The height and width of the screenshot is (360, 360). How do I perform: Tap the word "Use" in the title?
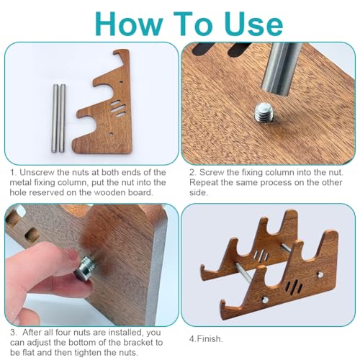click(254, 24)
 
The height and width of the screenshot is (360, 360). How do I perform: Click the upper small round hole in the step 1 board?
click(122, 82)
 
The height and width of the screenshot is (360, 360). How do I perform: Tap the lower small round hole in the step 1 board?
click(111, 134)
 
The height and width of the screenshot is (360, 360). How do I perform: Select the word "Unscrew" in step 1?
click(36, 172)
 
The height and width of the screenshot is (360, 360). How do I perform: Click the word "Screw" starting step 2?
click(212, 172)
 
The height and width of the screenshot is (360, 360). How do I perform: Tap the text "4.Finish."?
click(206, 339)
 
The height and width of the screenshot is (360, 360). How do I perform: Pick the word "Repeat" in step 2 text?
click(204, 182)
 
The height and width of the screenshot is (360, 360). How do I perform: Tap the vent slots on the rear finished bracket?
click(261, 256)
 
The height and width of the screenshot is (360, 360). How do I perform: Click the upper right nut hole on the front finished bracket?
click(320, 274)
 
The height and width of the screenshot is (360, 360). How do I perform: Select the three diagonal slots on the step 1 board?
click(118, 109)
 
